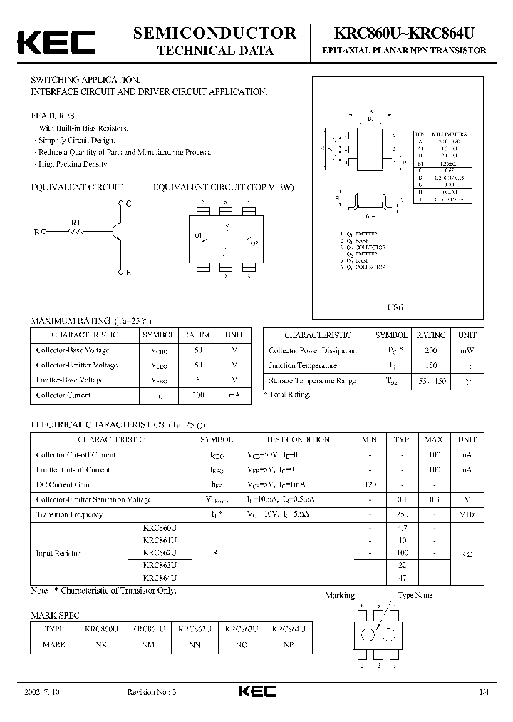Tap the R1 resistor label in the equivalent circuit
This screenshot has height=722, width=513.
click(77, 223)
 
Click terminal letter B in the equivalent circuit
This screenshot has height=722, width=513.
click(36, 232)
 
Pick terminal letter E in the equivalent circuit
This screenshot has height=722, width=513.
click(128, 273)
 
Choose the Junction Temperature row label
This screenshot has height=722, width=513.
click(303, 366)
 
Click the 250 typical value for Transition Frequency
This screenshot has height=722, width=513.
click(402, 514)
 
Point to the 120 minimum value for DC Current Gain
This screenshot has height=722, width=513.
click(370, 484)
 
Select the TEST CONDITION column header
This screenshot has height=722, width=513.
click(298, 439)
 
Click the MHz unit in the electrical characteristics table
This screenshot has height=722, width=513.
click(467, 514)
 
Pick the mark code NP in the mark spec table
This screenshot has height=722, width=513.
click(289, 644)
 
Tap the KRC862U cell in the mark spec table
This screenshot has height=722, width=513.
click(195, 629)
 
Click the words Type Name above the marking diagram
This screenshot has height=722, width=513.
click(415, 596)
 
